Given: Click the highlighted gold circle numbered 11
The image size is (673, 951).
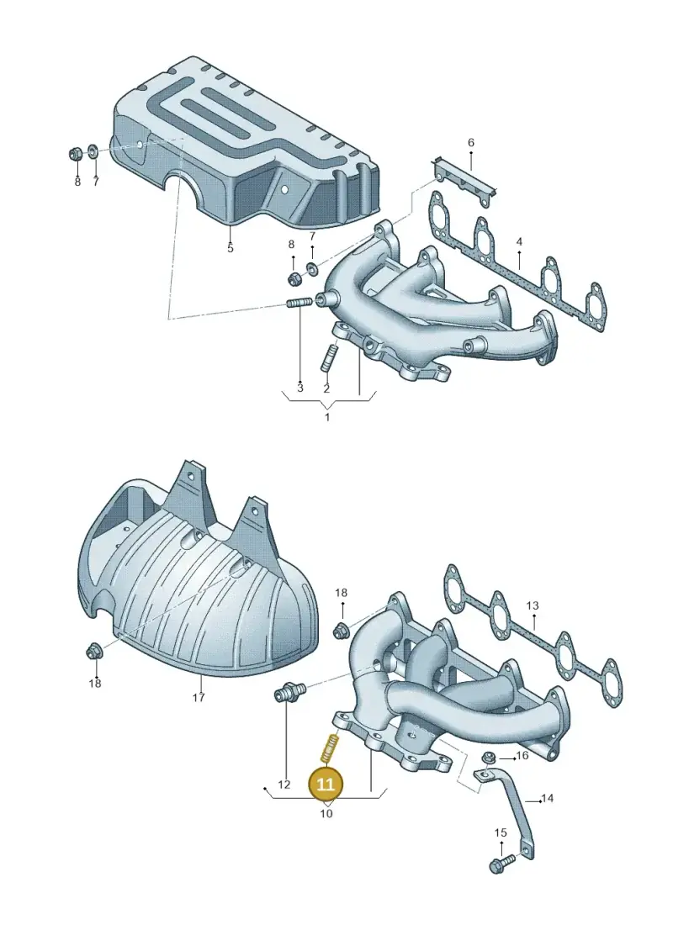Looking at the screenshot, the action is pyautogui.click(x=326, y=785).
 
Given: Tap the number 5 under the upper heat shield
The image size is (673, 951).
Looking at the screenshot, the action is pyautogui.click(x=230, y=248).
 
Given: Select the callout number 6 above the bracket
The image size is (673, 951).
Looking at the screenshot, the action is pyautogui.click(x=471, y=143).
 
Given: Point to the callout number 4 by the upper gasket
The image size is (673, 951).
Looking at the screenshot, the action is pyautogui.click(x=519, y=242).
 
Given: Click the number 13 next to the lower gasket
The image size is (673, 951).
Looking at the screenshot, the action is pyautogui.click(x=533, y=606).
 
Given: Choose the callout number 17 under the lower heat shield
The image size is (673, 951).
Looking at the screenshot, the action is pyautogui.click(x=199, y=697).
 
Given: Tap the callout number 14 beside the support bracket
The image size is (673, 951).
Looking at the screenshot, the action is pyautogui.click(x=547, y=798).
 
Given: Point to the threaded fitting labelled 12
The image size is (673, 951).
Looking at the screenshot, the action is pyautogui.click(x=290, y=693).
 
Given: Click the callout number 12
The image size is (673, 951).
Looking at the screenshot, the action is pyautogui.click(x=284, y=785).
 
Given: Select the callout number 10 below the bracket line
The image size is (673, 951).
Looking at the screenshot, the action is pyautogui.click(x=326, y=813).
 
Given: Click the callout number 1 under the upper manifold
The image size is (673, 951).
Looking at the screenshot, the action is pyautogui.click(x=327, y=418).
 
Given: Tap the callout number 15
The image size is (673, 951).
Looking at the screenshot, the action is pyautogui.click(x=500, y=832).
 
